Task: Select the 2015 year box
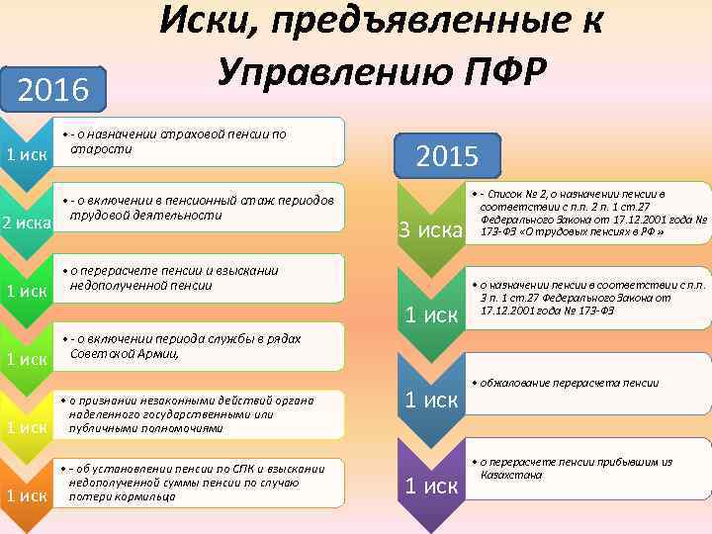coord(449,155)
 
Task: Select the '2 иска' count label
coord(27,222)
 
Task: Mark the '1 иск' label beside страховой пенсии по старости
coord(27,155)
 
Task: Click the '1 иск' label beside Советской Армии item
coord(27,358)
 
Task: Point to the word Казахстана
coord(510,475)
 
